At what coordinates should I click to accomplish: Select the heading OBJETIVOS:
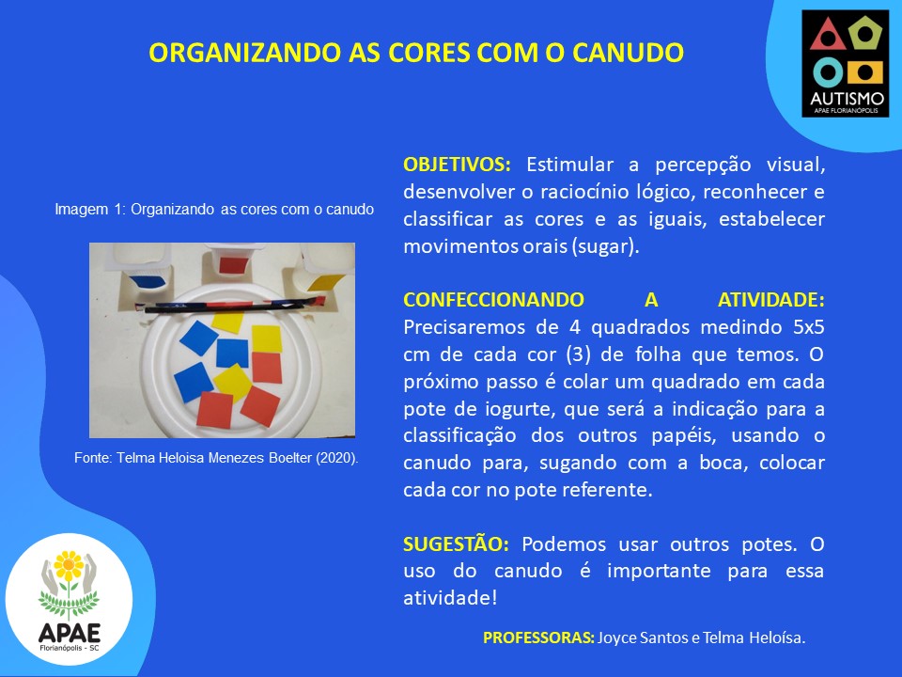[457, 165]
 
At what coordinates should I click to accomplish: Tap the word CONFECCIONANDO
[493, 300]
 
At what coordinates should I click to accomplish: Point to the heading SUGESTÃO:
[456, 544]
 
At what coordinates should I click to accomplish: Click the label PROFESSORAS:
[538, 638]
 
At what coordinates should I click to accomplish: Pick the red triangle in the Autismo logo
[828, 35]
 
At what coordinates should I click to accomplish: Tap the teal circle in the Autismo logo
[828, 72]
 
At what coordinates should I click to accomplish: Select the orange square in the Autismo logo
[865, 72]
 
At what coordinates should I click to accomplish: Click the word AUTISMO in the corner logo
[847, 99]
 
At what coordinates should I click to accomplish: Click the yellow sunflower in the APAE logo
[69, 566]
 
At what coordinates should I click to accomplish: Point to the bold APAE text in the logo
[70, 633]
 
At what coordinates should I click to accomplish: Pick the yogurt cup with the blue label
[143, 268]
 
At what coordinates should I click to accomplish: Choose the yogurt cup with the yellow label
[321, 268]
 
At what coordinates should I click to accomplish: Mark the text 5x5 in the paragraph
[809, 327]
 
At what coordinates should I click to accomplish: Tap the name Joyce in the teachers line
[617, 638]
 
